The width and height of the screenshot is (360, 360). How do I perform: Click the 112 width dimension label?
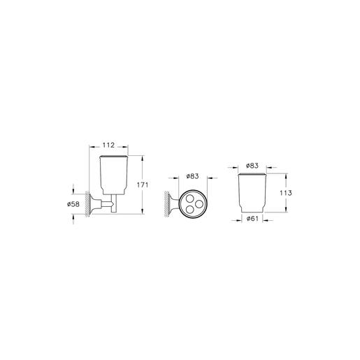coord(108,145)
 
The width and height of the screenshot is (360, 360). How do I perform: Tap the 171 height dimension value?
coord(143,185)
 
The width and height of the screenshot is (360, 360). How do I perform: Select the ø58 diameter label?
coord(73,204)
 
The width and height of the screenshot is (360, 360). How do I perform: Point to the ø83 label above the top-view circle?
coord(192,176)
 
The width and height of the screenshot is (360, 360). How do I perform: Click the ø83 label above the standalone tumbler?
coord(252,166)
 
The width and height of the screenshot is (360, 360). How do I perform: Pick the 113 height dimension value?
coord(286,193)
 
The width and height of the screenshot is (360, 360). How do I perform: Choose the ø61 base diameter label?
coord(252,219)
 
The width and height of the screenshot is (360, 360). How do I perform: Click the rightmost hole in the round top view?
coord(199,204)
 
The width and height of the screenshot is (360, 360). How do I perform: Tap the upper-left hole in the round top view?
coord(190,199)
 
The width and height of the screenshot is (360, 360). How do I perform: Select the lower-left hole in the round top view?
coord(190,210)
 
